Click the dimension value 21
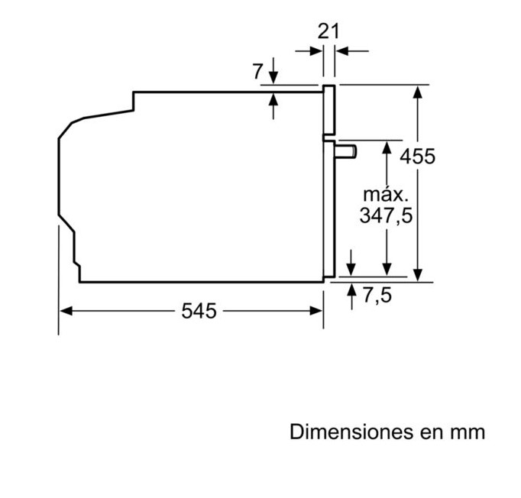coord(328,31)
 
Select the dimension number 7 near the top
coord(257,71)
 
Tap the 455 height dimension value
coord(417,156)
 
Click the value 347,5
coord(386,215)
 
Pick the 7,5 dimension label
coord(377,295)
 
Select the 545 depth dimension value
coord(199,311)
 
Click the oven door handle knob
coord(345,152)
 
